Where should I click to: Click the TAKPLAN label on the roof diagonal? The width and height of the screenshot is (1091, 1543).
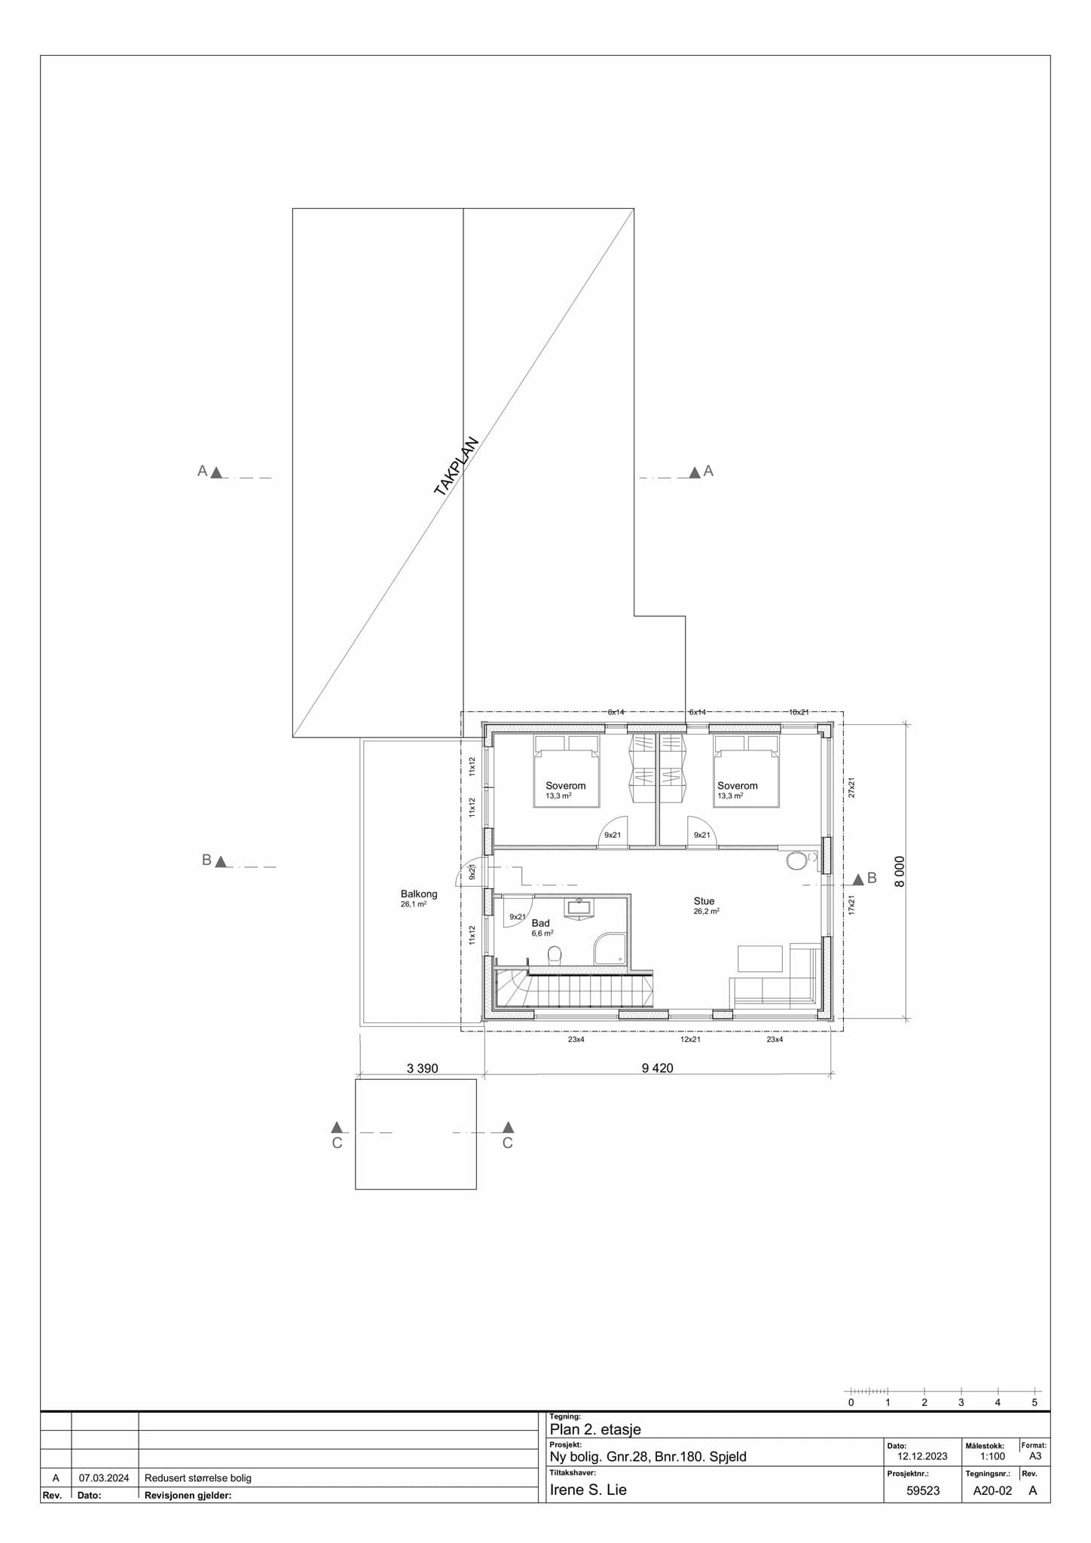457,466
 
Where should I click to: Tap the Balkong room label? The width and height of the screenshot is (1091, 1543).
419,894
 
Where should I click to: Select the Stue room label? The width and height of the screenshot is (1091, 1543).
704,901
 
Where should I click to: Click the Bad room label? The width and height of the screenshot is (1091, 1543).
540,923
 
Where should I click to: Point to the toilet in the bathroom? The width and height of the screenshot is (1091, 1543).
555,955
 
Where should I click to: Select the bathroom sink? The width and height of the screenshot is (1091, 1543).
579,906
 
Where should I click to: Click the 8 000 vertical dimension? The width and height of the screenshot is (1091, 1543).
900,871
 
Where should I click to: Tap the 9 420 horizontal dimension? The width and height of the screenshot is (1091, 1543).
657,1068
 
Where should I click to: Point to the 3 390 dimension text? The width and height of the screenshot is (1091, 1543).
422,1068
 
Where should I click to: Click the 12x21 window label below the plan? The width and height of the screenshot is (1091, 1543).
690,1040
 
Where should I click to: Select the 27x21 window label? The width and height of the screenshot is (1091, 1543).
851,787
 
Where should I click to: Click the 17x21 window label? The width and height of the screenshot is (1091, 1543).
851,904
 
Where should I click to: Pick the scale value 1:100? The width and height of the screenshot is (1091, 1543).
992,1456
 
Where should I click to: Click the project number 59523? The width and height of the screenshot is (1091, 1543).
923,1490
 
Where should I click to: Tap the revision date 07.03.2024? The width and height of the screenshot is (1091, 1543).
104,1477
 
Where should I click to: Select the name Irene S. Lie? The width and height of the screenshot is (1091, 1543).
588,1490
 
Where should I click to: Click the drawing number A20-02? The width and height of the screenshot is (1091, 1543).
992,1490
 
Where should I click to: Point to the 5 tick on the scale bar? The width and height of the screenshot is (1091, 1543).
1034,1402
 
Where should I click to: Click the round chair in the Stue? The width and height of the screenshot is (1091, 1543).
796,861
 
